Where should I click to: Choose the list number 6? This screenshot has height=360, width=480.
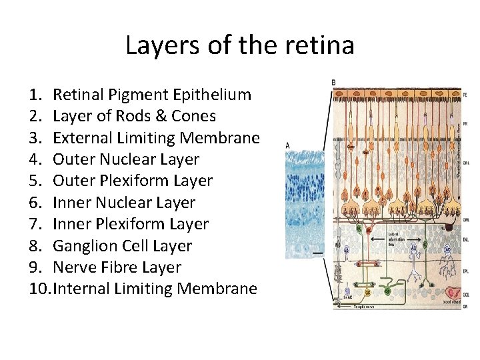tap(36, 203)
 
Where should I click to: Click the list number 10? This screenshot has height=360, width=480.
tap(39, 289)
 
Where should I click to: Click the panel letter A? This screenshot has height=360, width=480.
tap(287, 145)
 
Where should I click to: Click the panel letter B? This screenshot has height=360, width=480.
tap(333, 83)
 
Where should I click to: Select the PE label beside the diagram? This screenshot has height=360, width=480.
tap(464, 95)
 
